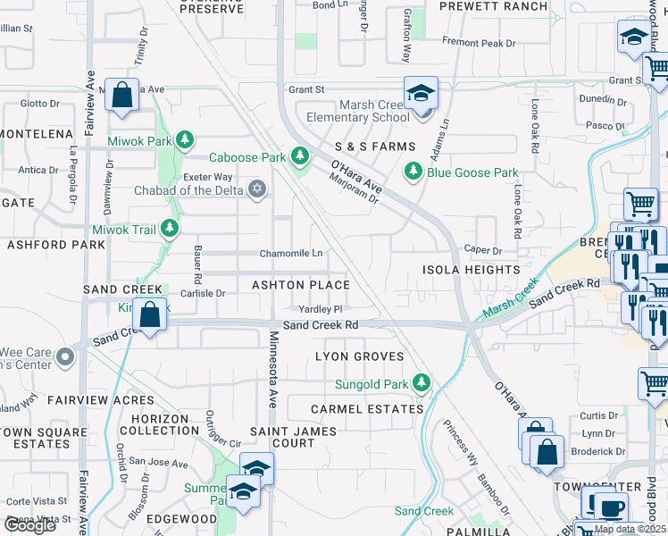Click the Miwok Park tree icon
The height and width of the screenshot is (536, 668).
point(184,139)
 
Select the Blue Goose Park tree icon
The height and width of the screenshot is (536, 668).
point(413,171)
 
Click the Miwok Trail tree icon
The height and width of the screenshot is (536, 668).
point(170,229)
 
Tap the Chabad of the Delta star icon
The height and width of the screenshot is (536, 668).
point(257,188)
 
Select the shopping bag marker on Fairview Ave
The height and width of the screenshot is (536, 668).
point(122,94)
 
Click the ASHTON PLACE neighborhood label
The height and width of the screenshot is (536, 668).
point(300,285)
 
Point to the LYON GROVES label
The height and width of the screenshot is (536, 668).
point(355,356)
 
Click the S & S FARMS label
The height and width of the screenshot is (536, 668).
point(375,147)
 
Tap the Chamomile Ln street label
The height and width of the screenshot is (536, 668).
point(291,254)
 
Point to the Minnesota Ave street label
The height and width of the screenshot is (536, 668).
point(274,366)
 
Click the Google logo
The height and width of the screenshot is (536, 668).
point(29,525)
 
